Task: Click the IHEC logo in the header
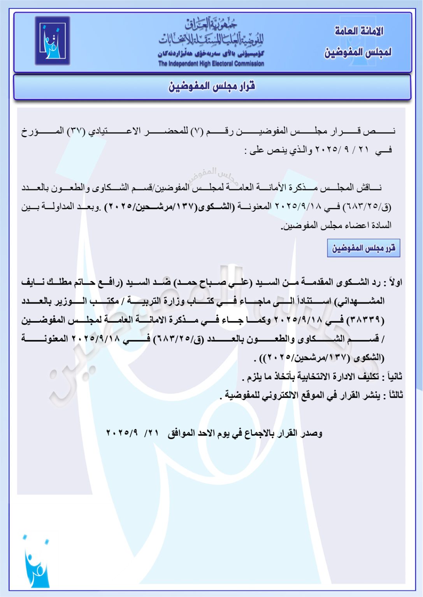click(53, 40)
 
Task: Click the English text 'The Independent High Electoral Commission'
click(211, 64)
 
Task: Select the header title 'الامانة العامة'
click(359, 31)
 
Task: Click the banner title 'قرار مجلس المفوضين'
click(212, 86)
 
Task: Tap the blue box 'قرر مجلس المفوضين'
click(363, 248)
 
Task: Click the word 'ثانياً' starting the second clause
click(394, 377)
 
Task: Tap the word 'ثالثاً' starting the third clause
click(393, 395)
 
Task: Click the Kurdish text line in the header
click(211, 54)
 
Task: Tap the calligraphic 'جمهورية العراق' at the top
click(211, 24)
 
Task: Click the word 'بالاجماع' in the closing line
click(258, 433)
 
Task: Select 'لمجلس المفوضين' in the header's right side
click(358, 52)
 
